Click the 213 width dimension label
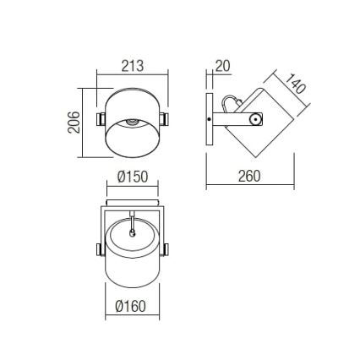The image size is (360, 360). pos(133,65)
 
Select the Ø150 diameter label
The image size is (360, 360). pos(132,177)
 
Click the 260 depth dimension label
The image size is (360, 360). pos(249,176)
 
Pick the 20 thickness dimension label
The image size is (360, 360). pos(222,65)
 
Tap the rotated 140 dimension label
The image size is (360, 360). pos(295,85)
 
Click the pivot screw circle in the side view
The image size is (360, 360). pos(253,120)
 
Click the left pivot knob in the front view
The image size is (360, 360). pos(100,119)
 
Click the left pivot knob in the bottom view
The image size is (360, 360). pos(100,248)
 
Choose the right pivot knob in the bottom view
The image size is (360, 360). pos(165,248)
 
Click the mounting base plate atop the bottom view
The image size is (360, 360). pos(132,203)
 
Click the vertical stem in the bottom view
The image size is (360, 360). pos(132,218)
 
